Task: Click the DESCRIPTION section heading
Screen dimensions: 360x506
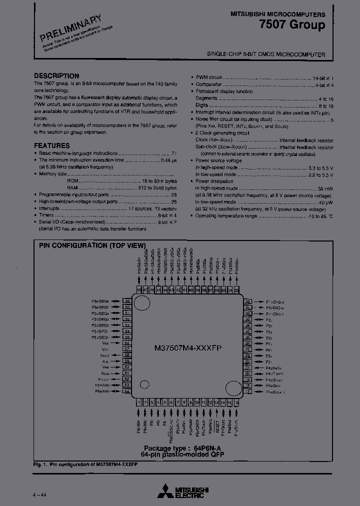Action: (56, 76)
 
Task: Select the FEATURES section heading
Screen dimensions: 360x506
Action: (52, 145)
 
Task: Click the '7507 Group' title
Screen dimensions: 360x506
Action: (299, 24)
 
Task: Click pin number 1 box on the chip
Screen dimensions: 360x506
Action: (138, 401)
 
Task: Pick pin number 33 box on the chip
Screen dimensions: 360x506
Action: (236, 290)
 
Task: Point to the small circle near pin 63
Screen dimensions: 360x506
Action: (144, 384)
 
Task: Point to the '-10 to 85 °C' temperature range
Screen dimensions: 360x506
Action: (320, 216)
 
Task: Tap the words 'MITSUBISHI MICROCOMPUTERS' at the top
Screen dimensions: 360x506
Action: (277, 14)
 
